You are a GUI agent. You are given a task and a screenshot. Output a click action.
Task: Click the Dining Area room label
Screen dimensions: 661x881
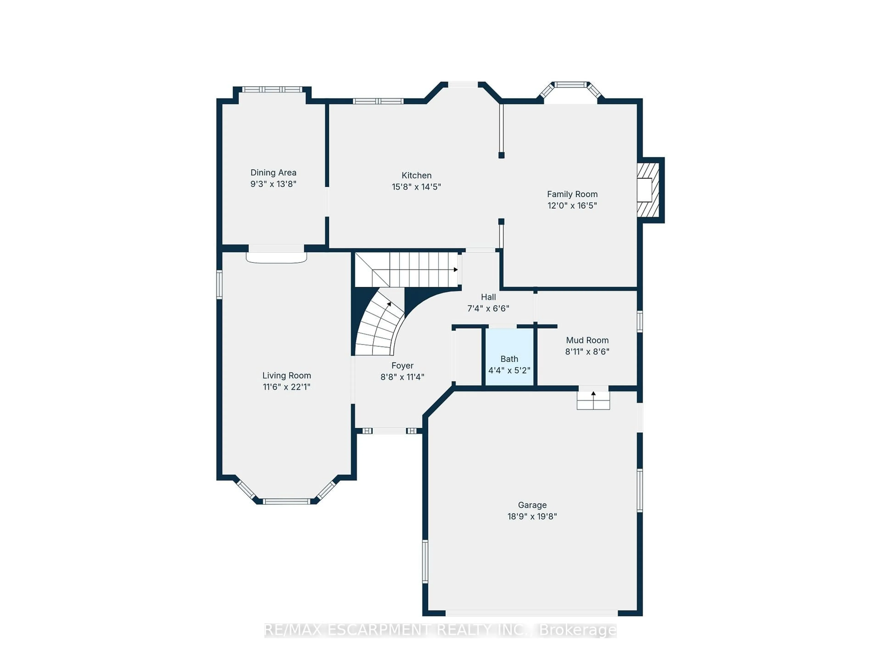273,173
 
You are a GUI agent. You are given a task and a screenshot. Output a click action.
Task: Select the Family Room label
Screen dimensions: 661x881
572,194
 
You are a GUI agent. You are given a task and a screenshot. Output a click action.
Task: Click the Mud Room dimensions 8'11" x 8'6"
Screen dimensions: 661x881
587,351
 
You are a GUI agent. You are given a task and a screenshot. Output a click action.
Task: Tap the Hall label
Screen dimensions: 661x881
488,297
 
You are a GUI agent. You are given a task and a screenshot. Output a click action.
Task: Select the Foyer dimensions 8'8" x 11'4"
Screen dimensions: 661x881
402,377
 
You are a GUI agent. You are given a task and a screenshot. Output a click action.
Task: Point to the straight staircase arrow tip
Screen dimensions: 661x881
456,270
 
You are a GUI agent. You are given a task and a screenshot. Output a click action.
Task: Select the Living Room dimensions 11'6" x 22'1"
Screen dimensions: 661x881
286,387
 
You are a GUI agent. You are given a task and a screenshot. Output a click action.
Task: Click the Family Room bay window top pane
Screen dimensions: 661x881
571,84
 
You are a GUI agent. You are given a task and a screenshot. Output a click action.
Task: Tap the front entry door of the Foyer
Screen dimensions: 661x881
389,431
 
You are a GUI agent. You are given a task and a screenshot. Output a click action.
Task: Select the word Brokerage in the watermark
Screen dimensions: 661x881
577,630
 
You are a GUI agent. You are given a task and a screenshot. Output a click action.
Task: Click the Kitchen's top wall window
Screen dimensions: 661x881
378,101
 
